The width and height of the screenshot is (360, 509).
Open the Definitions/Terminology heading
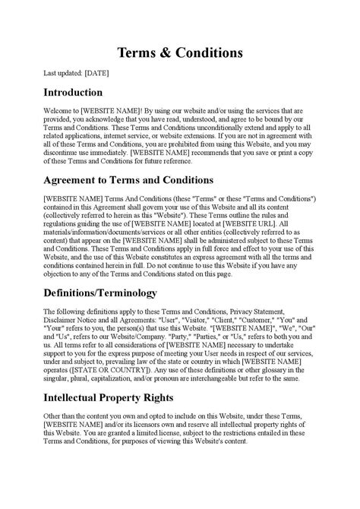tap(100, 292)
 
